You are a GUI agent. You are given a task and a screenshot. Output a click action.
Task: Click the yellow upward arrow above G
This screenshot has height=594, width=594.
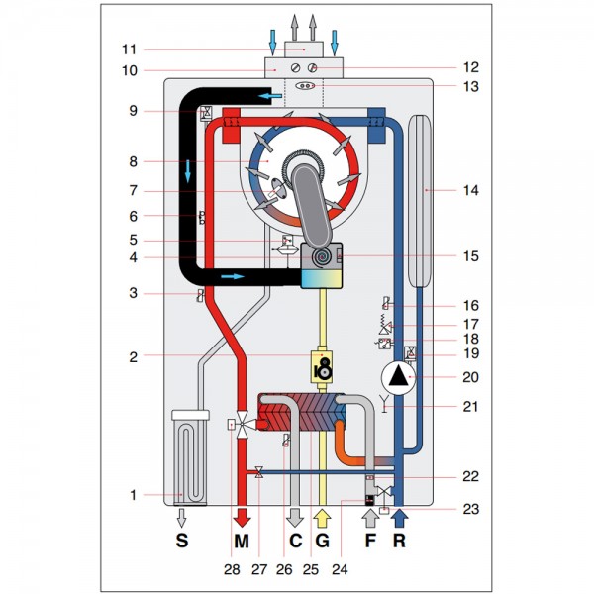321,518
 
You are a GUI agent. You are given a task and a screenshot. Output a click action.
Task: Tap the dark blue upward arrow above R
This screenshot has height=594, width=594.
398,517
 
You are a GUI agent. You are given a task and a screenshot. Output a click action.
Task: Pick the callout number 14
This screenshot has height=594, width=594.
470,188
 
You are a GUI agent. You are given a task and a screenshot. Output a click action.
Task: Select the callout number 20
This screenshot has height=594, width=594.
470,376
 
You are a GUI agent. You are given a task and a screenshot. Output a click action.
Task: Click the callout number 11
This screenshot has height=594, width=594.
129,49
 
